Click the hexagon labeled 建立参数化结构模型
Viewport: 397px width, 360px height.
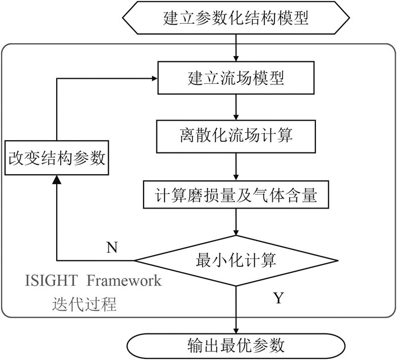pos(236,18)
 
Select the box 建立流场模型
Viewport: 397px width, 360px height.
pos(236,78)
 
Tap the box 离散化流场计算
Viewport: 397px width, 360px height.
pos(236,137)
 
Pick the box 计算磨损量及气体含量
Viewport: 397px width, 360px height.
pos(236,194)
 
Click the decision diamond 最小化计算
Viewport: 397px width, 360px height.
pos(236,261)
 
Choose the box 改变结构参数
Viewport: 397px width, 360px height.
pos(57,158)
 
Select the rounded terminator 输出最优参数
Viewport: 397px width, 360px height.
pos(236,346)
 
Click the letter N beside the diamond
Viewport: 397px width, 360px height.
pos(112,247)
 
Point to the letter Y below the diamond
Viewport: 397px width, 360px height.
pos(278,298)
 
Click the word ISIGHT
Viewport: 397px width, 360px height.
pos(51,281)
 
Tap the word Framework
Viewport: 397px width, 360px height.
pos(124,281)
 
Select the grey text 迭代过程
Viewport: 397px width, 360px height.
pos(84,303)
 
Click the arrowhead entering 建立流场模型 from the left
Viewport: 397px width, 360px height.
pos(154,78)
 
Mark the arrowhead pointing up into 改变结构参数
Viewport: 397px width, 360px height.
pos(57,179)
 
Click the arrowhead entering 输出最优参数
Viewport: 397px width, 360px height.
pos(236,331)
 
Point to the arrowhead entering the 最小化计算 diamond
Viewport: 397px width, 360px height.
pos(236,232)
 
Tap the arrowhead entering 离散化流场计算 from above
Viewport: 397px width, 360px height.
pos(236,117)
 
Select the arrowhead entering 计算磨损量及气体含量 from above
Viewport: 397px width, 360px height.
pos(236,177)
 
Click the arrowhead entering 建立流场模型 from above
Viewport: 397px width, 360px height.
pos(236,58)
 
